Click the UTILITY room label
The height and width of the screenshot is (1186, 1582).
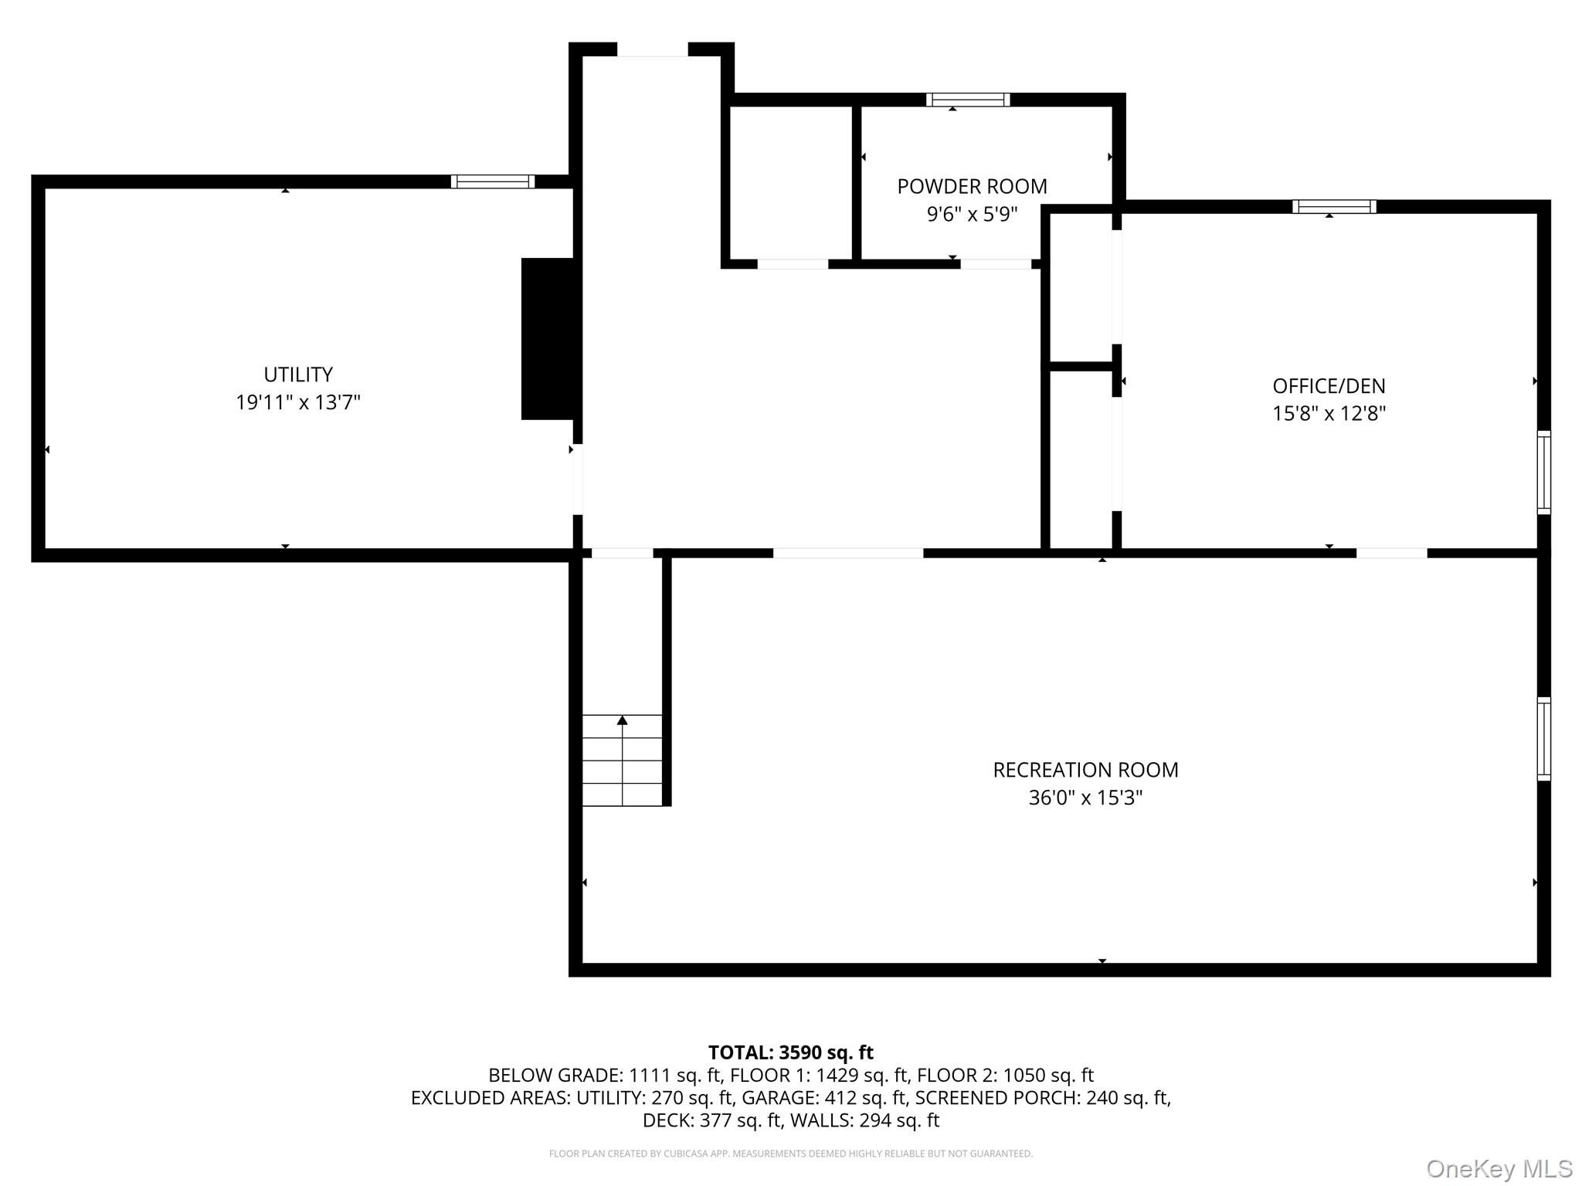click(x=298, y=374)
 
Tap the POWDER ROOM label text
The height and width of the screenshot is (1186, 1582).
click(x=972, y=186)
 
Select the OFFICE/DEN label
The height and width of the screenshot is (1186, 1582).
click(x=1329, y=385)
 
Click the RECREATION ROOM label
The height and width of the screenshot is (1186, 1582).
click(x=1085, y=770)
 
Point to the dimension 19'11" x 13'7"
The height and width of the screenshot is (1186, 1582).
click(x=298, y=402)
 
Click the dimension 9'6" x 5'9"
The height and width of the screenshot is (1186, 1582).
click(x=972, y=214)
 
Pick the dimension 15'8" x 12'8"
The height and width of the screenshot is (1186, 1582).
click(x=1329, y=413)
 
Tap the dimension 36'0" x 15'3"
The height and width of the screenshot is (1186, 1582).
click(x=1085, y=798)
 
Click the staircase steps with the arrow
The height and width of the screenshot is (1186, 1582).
click(x=622, y=761)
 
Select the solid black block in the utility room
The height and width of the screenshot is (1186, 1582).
click(x=548, y=339)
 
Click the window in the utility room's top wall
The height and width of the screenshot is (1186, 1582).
click(x=493, y=181)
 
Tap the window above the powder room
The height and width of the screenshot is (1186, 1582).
click(x=968, y=100)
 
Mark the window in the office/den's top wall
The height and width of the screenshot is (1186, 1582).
click(x=1334, y=206)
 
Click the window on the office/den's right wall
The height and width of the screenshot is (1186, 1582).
click(x=1543, y=473)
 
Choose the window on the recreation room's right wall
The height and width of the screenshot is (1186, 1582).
click(x=1543, y=739)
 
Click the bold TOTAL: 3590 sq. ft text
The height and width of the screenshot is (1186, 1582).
click(x=791, y=1052)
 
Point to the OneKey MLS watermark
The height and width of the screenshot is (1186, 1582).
click(x=1499, y=1169)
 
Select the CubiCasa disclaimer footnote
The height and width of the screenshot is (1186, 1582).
click(x=791, y=1154)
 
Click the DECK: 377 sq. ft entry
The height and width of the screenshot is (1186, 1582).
click(x=713, y=1120)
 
